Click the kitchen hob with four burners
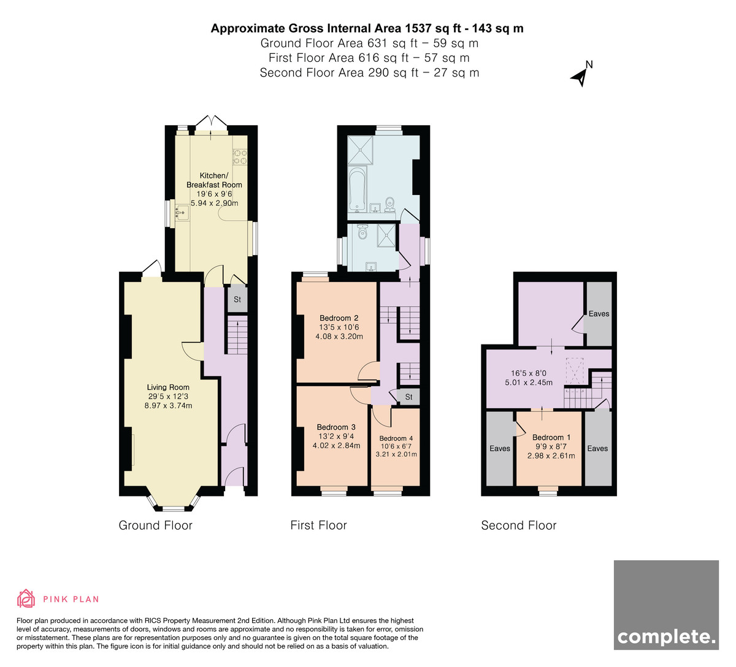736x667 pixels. tap(240, 156)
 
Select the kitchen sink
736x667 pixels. tap(182, 213)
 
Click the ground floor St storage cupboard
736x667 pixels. tap(237, 299)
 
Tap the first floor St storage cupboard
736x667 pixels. tap(408, 397)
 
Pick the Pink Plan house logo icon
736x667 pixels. tap(26, 598)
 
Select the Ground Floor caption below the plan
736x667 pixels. tap(155, 525)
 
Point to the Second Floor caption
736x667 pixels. tap(518, 525)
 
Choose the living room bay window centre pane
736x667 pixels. tap(174, 508)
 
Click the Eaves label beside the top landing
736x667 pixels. tap(599, 314)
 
